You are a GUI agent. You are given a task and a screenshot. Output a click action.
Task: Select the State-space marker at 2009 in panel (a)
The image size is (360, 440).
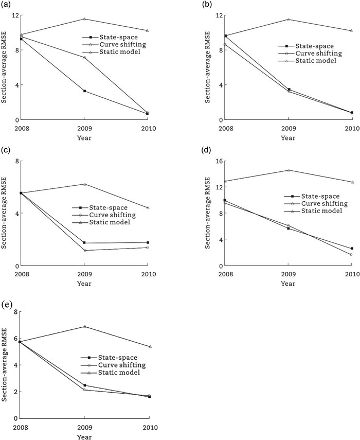84,91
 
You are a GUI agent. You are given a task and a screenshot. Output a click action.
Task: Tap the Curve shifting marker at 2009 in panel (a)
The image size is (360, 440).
84,57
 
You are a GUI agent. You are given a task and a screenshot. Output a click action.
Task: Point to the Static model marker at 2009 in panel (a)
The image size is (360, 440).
84,19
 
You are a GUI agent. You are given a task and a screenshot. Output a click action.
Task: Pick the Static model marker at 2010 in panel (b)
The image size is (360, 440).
352,30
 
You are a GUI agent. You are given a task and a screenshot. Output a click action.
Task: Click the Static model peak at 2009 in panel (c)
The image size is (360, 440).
84,184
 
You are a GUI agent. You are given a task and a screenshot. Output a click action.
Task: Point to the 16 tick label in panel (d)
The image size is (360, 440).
219,161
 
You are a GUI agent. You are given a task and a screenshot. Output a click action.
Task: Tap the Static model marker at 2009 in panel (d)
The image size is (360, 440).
289,170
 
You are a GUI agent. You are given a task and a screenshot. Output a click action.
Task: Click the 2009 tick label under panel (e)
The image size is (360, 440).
84,427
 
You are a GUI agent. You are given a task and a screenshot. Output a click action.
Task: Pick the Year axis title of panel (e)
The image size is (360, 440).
84,436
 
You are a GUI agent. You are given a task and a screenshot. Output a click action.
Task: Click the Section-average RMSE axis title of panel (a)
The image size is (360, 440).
4,67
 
